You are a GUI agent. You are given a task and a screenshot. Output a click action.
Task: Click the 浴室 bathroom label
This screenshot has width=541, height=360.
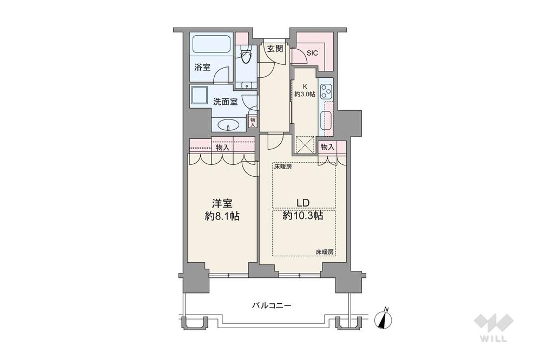click(x=202, y=67)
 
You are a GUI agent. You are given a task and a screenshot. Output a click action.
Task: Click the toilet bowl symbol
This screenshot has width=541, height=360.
click(x=246, y=56)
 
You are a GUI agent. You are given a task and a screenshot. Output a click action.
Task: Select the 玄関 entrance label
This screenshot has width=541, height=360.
click(x=275, y=49)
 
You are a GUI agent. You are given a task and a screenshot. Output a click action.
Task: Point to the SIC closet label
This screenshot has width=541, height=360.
click(x=312, y=54)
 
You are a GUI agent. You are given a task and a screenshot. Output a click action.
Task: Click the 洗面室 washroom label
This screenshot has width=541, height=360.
click(x=225, y=102)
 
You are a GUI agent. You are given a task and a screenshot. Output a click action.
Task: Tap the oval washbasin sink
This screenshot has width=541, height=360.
click(x=228, y=125)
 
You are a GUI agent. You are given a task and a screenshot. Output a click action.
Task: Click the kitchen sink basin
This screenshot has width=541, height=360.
click(x=327, y=120)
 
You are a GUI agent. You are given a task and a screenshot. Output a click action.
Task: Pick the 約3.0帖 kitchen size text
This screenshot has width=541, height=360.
click(x=305, y=94)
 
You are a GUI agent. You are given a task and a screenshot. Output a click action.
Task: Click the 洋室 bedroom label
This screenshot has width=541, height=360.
click(x=222, y=203)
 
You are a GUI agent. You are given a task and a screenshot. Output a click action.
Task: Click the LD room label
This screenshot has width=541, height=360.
click(x=302, y=203)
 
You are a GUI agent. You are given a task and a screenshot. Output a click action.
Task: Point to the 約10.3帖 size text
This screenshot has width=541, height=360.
click(x=303, y=216)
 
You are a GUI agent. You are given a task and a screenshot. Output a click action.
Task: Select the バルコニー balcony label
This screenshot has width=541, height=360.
click(x=272, y=305)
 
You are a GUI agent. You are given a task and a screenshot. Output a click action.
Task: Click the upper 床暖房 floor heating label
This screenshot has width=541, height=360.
click(x=283, y=167)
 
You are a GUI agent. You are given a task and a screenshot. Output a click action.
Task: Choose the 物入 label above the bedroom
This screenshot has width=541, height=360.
click(x=222, y=148)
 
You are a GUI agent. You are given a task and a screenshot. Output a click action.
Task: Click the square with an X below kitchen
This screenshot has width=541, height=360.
click(x=305, y=144)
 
